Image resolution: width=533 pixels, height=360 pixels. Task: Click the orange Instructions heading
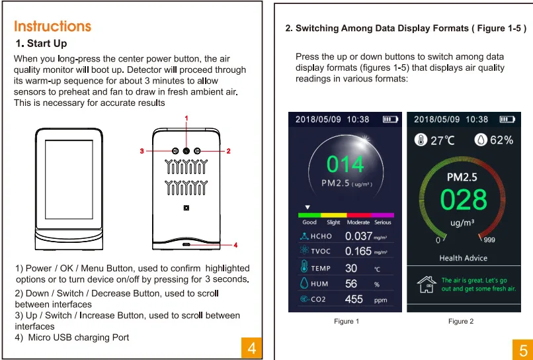[53, 26]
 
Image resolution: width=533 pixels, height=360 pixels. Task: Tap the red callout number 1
[186, 118]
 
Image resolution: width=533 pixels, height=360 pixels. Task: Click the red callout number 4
[235, 245]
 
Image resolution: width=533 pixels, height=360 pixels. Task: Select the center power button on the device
[186, 151]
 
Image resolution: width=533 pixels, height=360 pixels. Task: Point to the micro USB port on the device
[186, 245]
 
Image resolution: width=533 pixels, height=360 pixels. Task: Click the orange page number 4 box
[251, 347]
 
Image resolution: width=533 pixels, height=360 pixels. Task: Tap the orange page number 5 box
[523, 349]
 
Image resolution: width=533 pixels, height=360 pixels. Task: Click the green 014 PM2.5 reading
[345, 164]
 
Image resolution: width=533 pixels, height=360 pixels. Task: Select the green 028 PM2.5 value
[464, 199]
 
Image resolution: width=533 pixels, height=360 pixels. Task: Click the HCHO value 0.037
[358, 236]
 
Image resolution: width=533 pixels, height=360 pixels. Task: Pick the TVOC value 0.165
[358, 251]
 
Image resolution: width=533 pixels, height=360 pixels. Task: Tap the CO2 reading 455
[354, 299]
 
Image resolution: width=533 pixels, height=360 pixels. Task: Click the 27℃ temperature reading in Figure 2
[442, 140]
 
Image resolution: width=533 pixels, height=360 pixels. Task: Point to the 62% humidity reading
[502, 140]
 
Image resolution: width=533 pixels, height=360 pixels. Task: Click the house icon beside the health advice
[427, 285]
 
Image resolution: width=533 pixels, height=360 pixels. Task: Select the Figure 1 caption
[347, 321]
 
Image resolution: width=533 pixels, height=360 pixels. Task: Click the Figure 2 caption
[461, 321]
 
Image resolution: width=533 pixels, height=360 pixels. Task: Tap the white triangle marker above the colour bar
[307, 207]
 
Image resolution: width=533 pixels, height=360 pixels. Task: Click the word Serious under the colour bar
[383, 222]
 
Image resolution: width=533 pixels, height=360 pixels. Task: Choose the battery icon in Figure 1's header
[390, 119]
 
